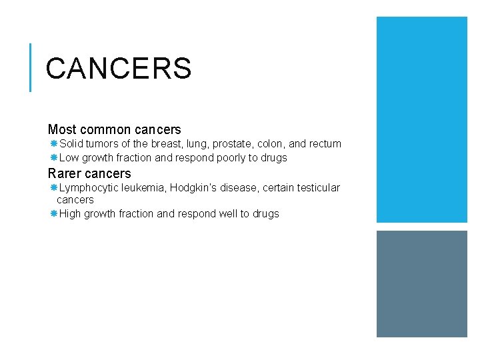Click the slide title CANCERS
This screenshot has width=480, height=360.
point(119,68)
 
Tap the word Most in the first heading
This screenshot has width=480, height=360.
point(62,129)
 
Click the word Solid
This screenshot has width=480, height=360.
point(71,144)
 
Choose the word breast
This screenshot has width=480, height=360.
point(166,144)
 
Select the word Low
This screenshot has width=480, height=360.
point(69,158)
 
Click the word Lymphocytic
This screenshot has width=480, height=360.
point(87,188)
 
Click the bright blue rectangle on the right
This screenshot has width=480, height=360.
point(422,119)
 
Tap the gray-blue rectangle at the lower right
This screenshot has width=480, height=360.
point(422,284)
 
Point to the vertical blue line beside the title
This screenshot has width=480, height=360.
point(31,67)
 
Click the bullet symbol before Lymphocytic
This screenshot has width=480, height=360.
point(53,188)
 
